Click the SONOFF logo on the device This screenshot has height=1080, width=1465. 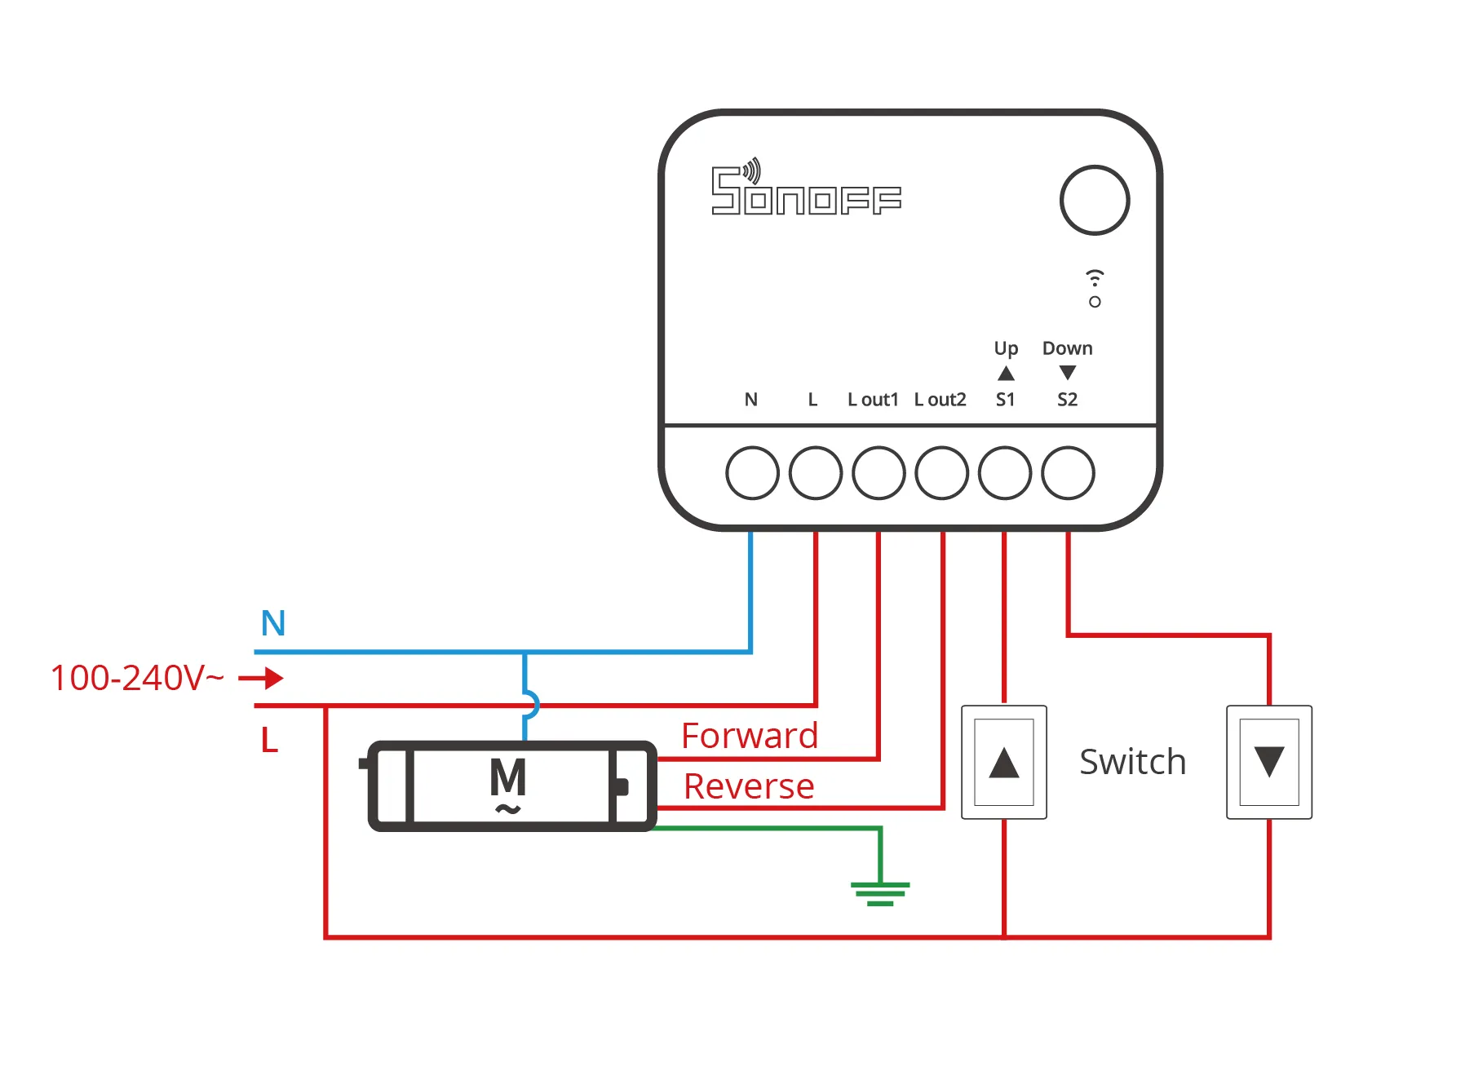point(806,189)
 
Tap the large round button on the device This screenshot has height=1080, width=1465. point(1095,201)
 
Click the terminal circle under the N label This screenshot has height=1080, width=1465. point(752,472)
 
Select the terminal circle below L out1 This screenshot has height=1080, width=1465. point(879,472)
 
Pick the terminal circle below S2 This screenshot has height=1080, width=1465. point(1068,472)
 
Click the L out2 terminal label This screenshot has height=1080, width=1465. point(940,400)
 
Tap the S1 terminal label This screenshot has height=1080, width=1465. point(1005,400)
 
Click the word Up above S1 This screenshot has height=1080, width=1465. point(1006,348)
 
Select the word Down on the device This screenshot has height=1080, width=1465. point(1067,348)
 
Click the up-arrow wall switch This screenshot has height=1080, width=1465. point(1004,762)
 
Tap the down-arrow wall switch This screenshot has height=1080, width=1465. point(1269,762)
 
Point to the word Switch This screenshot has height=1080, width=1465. point(1132,762)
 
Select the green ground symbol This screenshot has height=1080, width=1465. point(879,892)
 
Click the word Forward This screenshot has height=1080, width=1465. point(750,736)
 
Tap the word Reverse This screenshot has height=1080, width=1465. point(749,786)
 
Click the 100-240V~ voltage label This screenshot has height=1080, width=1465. point(137,678)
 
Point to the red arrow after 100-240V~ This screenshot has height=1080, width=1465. point(262,678)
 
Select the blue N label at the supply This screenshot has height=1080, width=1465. point(273,623)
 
